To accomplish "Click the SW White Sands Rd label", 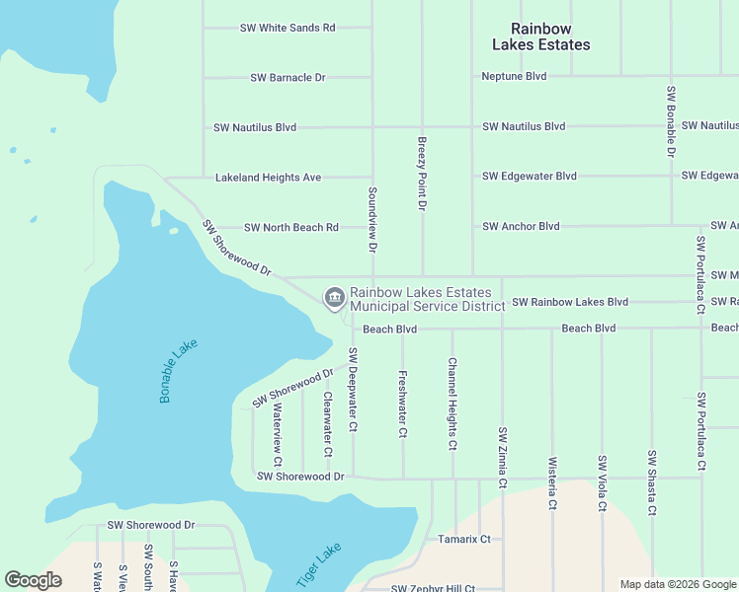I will [287, 28].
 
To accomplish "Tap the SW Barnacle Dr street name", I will [287, 77].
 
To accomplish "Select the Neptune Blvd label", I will [514, 76].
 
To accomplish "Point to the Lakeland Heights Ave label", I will [268, 178].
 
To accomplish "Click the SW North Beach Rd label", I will [290, 227].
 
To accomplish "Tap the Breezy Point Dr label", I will [422, 174].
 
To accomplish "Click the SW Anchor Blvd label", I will [521, 226].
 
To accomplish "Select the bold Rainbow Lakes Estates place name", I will [541, 37].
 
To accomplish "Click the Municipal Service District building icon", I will [334, 296].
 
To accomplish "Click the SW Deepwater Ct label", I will [353, 390].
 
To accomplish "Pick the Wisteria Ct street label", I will [552, 483].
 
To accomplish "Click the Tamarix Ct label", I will [463, 539].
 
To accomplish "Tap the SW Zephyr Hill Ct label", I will [433, 588].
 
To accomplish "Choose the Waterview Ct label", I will [278, 435].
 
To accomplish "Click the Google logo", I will [33, 580].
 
